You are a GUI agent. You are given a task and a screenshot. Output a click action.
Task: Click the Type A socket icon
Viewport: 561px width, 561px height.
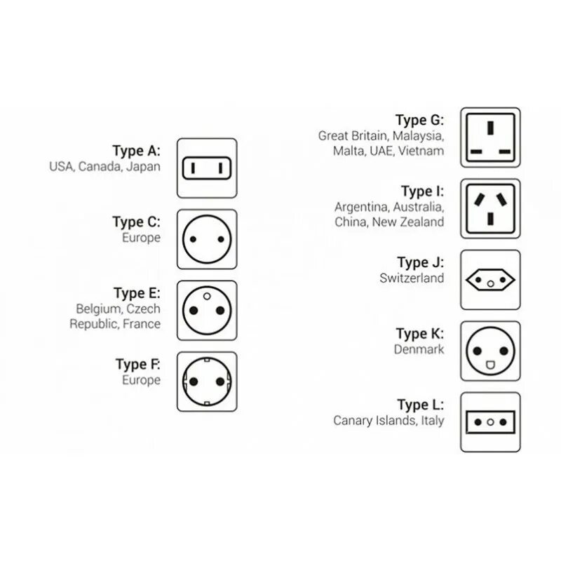(x=206, y=168)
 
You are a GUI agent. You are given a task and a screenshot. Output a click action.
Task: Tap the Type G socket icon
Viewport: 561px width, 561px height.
(x=490, y=137)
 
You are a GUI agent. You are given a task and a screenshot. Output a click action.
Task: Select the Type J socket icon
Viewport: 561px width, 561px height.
(x=490, y=279)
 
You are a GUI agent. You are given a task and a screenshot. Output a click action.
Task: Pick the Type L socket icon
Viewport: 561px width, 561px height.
(x=490, y=421)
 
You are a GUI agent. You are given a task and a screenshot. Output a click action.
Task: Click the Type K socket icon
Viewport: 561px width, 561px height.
(x=490, y=351)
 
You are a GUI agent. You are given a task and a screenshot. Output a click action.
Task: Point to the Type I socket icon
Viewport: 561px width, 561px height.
(x=490, y=208)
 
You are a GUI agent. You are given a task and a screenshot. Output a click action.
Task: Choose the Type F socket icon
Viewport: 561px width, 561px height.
(x=206, y=381)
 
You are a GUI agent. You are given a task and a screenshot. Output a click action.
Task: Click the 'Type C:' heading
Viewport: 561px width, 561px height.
(x=136, y=222)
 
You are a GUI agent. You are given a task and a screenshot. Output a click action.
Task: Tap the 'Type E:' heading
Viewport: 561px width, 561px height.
(x=136, y=293)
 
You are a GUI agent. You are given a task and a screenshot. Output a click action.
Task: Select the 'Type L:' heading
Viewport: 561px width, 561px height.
(x=420, y=405)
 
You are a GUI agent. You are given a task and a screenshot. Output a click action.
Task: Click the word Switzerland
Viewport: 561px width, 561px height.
(x=412, y=278)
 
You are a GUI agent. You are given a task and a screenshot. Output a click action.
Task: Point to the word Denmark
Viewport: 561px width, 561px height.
(x=420, y=349)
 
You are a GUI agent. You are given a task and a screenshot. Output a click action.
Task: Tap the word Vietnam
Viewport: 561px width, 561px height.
(x=423, y=151)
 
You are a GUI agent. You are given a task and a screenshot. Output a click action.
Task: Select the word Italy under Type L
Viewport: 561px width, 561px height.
(x=432, y=421)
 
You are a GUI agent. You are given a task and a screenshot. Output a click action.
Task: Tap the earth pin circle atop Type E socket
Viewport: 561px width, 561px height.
(x=206, y=297)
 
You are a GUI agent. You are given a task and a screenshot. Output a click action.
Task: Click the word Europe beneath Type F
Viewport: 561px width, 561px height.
(x=142, y=380)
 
